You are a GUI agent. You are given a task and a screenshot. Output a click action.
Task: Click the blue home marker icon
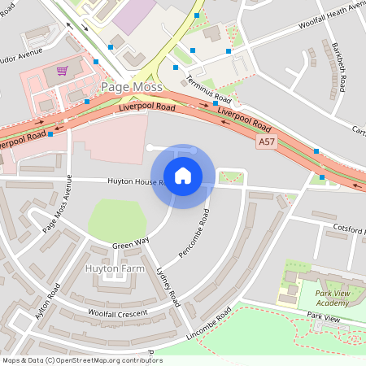coord(183,175)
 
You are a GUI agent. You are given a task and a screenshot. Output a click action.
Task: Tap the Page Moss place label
coord(131,86)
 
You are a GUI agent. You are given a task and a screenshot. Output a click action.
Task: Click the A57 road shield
coord(266,142)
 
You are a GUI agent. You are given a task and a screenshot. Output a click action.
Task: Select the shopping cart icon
coord(62,71)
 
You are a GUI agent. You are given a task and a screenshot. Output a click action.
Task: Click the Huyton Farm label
coord(114,267)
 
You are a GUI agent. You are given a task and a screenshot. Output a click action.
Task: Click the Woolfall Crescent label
coord(119,313)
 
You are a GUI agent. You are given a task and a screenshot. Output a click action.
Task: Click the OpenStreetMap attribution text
coord(81,360)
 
